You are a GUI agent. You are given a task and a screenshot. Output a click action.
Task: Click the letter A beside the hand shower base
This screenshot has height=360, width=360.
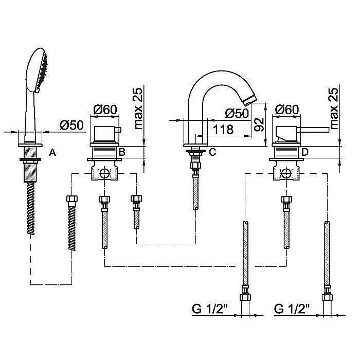tap(52, 152)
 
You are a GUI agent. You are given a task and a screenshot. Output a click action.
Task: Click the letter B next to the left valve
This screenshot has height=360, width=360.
tap(122, 152)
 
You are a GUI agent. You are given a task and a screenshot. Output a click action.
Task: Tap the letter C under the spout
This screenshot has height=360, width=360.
tap(212, 152)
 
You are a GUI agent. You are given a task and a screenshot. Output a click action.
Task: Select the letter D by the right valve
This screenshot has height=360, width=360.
tap(304, 152)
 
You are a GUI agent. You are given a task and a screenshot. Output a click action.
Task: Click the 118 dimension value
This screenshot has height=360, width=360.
tap(223, 130)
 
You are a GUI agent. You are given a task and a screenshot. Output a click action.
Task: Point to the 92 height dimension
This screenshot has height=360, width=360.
tap(259, 124)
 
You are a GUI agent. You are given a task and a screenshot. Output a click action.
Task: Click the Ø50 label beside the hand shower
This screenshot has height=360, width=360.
tap(71, 125)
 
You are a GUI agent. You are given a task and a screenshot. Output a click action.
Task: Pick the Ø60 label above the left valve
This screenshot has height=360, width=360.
tap(105, 110)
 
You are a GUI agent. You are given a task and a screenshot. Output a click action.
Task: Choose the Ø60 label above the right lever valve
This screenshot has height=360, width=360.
tap(287, 110)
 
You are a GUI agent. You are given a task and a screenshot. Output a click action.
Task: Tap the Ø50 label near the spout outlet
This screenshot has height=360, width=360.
tap(237, 113)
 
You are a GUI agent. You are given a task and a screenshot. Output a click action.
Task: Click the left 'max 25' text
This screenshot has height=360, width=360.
tap(138, 108)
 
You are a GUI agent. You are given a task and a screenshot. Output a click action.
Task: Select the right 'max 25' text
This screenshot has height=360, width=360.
tap(334, 108)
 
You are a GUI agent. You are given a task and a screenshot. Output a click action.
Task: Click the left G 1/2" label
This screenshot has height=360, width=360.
tap(209, 309)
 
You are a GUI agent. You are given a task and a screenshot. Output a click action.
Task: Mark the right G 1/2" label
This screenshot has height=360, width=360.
tap(292, 309)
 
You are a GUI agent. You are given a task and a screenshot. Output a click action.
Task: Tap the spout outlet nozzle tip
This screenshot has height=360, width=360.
tap(249, 101)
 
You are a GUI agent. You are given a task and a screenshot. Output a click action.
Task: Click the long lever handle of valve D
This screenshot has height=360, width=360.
tap(313, 129)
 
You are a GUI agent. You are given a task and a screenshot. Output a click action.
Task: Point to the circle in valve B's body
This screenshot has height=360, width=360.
tap(104, 173)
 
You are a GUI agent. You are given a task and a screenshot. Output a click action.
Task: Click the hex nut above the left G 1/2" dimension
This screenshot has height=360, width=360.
tap(245, 297)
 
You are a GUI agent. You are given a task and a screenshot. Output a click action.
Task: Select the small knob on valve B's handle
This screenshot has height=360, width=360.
tap(118, 130)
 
